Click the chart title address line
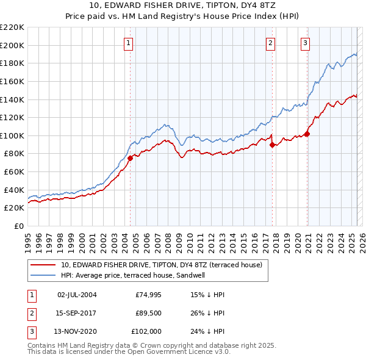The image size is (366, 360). pyautogui.click(x=182, y=5)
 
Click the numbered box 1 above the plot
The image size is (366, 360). pyautogui.click(x=129, y=43)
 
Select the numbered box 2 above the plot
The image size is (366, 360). pyautogui.click(x=270, y=43)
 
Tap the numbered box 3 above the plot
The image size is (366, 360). pyautogui.click(x=304, y=43)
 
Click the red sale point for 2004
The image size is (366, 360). pyautogui.click(x=130, y=158)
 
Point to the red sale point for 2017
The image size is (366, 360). pyautogui.click(x=272, y=145)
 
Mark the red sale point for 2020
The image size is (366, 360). pyautogui.click(x=307, y=134)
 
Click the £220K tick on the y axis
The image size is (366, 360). pyautogui.click(x=12, y=27)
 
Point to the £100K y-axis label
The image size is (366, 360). pyautogui.click(x=12, y=135)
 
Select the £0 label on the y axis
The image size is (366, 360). pyautogui.click(x=19, y=226)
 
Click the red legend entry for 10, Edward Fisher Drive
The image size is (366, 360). pyautogui.click(x=162, y=265)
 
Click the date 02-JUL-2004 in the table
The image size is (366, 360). pyautogui.click(x=77, y=295)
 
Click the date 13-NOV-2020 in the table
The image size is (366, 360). pyautogui.click(x=77, y=333)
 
